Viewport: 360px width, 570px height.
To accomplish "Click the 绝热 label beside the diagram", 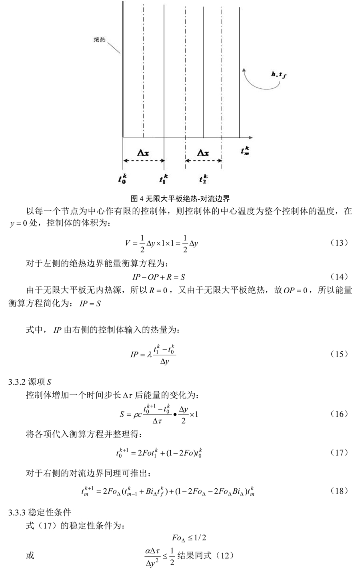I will [x=99, y=40].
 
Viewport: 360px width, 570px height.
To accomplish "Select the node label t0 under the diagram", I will [x=122, y=178].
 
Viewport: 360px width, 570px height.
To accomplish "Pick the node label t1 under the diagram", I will [x=164, y=178].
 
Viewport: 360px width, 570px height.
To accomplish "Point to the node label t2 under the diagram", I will [x=203, y=178].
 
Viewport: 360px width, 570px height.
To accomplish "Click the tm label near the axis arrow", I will [x=246, y=151].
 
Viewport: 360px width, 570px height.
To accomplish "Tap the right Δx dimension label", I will [x=203, y=153].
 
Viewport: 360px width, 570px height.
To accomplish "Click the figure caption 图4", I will [x=180, y=198].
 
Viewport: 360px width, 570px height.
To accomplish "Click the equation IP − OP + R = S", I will [x=158, y=277].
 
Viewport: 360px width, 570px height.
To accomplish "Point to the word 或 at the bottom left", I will [x=30, y=556].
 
